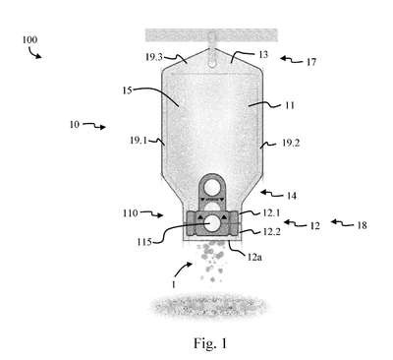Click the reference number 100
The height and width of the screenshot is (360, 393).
[x=29, y=40]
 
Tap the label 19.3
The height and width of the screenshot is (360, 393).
[x=154, y=57]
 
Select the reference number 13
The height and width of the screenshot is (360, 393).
[x=263, y=54]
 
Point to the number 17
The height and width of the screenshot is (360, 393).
[x=311, y=62]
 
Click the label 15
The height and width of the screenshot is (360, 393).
[x=127, y=90]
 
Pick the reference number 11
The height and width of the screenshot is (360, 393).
[x=289, y=105]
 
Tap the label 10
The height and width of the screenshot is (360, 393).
[x=75, y=125]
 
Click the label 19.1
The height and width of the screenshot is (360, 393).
[x=139, y=141]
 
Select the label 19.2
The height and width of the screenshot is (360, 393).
[x=291, y=144]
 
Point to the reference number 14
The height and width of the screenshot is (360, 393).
[x=292, y=196]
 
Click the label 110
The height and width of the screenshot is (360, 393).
[x=131, y=213]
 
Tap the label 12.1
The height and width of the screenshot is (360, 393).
[x=271, y=212]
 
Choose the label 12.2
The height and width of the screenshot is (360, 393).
[x=271, y=232]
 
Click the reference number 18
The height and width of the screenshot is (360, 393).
[x=362, y=225]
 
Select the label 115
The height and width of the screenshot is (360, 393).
[x=144, y=242]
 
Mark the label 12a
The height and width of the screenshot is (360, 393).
[x=254, y=257]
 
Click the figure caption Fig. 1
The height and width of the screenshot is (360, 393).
[x=210, y=343]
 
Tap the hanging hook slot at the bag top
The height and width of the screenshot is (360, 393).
[x=212, y=58]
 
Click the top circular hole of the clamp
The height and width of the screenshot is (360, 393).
[x=212, y=188]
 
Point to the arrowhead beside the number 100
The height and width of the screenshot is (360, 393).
[x=39, y=56]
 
